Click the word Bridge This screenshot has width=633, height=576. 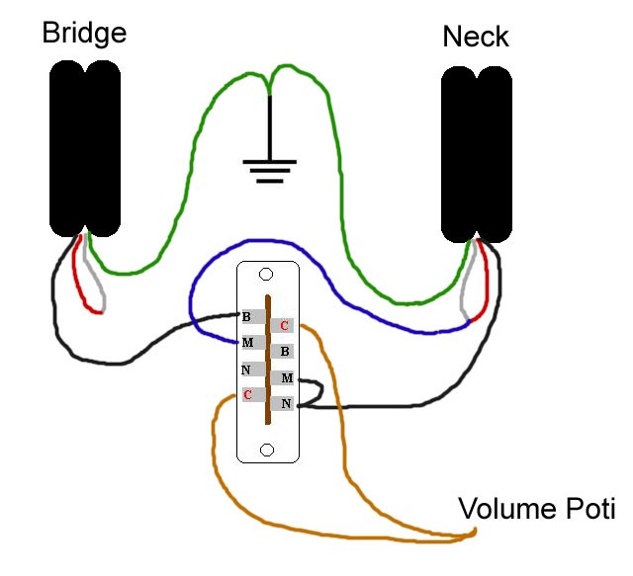click(84, 33)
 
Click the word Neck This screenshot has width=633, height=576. click(475, 37)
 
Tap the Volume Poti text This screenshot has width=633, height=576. click(536, 510)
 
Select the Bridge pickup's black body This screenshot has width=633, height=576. click(85, 148)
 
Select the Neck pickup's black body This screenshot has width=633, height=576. click(478, 155)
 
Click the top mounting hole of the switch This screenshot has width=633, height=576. click(266, 274)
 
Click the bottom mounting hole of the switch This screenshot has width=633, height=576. click(266, 451)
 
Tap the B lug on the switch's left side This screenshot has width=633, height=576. click(248, 317)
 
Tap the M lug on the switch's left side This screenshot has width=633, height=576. click(248, 344)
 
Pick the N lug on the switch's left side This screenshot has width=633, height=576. click(248, 370)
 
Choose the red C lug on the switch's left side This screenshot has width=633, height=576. click(248, 395)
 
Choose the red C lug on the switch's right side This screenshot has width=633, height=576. click(284, 325)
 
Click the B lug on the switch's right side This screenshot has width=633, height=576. click(284, 351)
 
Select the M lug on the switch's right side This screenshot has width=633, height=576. click(285, 377)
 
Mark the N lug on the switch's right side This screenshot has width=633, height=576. click(285, 403)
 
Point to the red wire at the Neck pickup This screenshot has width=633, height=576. click(483, 296)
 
